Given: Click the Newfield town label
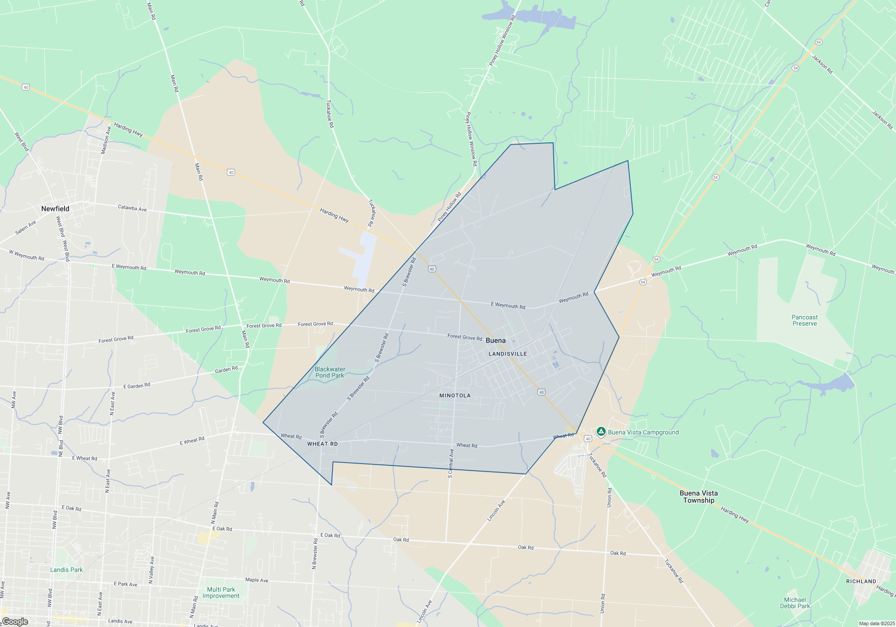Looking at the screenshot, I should click(x=55, y=209).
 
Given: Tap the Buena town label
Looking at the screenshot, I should click(x=495, y=340).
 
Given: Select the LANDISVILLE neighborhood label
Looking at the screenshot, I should click(x=508, y=354).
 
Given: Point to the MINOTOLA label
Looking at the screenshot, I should click(x=455, y=395).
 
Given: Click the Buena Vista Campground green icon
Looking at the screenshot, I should click(x=601, y=432).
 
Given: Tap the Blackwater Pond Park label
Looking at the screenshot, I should click(x=330, y=373).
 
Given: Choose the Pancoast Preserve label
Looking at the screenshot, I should click(x=805, y=320).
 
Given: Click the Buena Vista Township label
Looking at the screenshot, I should click(x=698, y=497).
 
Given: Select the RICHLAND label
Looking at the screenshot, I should click(x=861, y=581).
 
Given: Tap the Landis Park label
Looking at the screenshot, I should click(x=66, y=570).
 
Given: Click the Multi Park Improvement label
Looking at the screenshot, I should click(x=221, y=593).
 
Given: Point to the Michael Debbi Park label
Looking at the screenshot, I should click(x=795, y=603).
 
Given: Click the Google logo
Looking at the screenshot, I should click(x=15, y=621).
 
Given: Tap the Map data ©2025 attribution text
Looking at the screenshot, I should click(x=876, y=623).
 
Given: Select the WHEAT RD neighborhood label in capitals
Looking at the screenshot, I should click(x=323, y=444).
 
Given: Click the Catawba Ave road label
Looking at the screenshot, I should click(x=132, y=208).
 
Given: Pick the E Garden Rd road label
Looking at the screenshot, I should click(x=137, y=386).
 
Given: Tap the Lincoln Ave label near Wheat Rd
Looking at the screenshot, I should click(x=496, y=511).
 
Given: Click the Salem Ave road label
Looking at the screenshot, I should click(x=26, y=228).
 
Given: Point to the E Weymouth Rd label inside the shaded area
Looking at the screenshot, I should click(x=508, y=305).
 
